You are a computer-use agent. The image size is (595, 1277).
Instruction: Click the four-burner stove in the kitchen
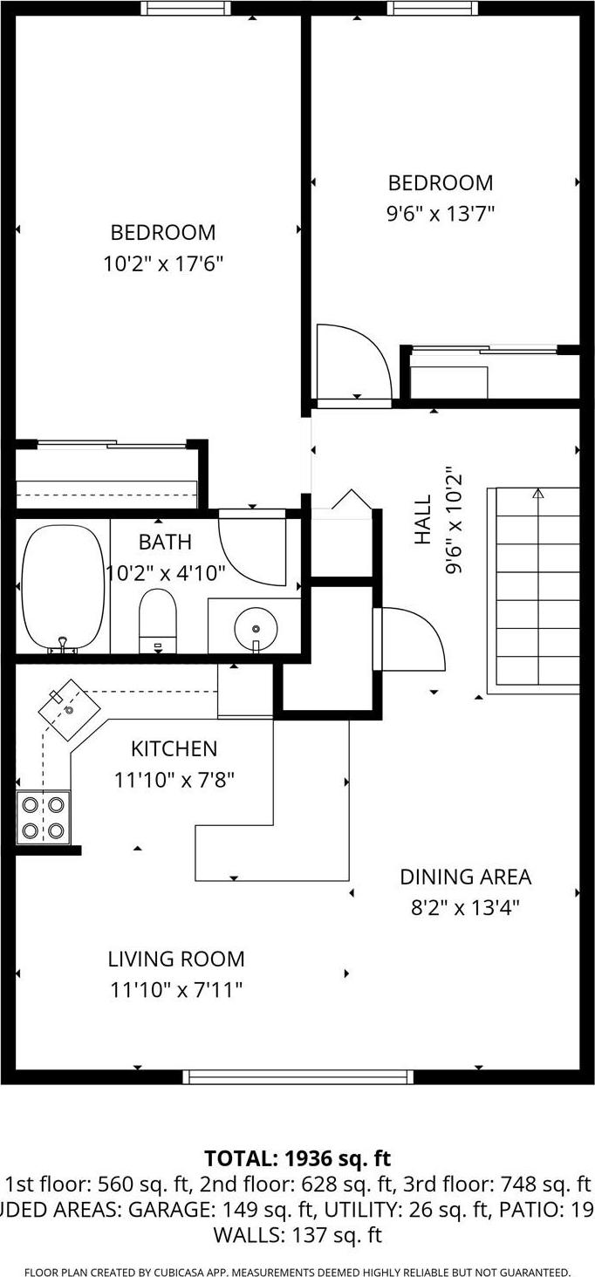pos(44,817)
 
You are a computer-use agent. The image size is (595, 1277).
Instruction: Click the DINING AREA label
pos(465,877)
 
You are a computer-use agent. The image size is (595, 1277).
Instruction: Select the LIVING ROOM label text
pos(176,959)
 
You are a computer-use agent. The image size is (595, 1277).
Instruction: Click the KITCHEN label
pos(174,748)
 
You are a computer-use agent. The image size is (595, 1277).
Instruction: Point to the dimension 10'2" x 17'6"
pos(163,263)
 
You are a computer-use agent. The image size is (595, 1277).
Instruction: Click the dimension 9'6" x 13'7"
pos(441,214)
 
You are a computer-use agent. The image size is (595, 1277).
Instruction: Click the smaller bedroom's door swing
pos(354,362)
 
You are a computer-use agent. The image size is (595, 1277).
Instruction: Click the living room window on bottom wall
pos(298,1076)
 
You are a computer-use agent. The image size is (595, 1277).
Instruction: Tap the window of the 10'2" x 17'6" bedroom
pos(187,8)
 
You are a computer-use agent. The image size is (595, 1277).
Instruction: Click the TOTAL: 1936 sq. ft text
pos(297,1158)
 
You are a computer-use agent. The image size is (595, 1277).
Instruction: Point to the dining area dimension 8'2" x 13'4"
pos(465,908)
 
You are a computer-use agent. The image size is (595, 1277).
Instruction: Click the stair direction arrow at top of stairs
pos(537,494)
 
